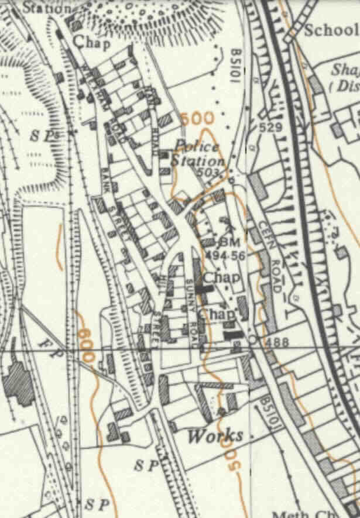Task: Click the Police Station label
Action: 199,153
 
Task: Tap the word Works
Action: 215,435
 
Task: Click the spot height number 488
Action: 275,341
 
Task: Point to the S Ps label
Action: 44,135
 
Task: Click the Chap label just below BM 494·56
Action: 216,278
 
